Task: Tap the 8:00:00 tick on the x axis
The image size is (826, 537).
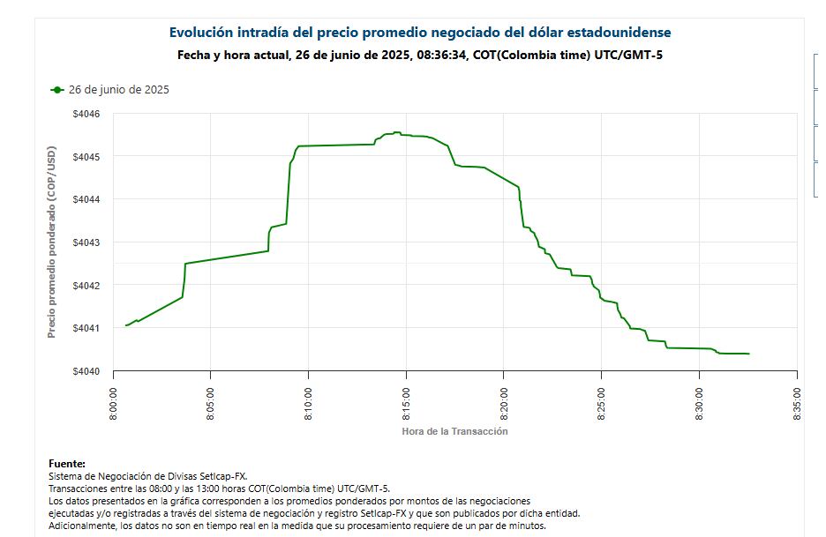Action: tap(113, 404)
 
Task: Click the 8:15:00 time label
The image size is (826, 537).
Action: tap(406, 404)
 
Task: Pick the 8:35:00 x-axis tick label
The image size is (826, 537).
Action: tap(797, 404)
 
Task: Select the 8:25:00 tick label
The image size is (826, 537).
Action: tap(601, 404)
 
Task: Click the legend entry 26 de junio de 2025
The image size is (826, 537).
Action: tap(119, 90)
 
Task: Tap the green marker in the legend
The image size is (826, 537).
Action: tap(57, 90)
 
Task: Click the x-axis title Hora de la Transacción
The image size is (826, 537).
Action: tap(454, 431)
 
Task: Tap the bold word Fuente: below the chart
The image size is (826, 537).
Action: tap(67, 464)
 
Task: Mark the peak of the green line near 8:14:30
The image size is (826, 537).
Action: tap(397, 132)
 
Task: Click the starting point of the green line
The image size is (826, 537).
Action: tap(126, 325)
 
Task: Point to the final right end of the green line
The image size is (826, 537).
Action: tap(748, 354)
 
